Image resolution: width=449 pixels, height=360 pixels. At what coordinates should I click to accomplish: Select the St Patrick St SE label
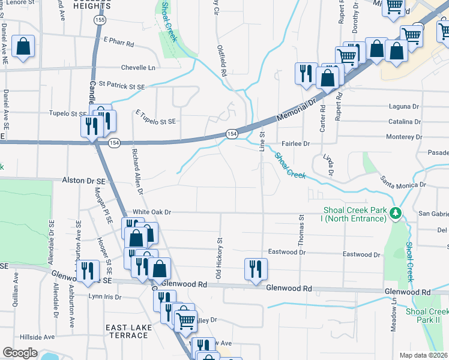point(122,86)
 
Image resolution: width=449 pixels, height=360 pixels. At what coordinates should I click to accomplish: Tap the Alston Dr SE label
point(84,180)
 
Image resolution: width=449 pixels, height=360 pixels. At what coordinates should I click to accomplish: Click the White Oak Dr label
point(152,212)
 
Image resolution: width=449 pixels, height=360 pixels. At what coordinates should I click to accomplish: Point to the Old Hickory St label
point(220,258)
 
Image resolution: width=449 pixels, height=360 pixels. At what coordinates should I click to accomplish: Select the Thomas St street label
point(301,230)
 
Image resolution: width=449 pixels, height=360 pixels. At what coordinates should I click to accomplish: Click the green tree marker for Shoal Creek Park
point(395,213)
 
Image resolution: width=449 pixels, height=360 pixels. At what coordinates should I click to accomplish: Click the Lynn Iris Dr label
point(104,297)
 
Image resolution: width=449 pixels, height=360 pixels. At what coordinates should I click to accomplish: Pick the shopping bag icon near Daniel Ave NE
point(23,46)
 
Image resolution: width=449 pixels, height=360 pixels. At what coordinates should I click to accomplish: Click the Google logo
point(20,353)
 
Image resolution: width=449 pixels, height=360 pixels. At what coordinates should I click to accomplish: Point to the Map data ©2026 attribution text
point(423,355)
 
